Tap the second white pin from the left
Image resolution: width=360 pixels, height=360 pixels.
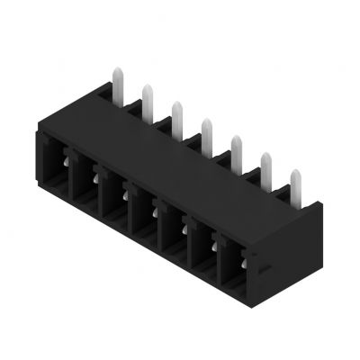pos(147,98)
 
